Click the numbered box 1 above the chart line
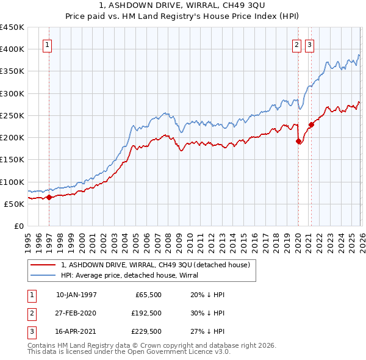(x=48, y=44)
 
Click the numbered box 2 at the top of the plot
(x=296, y=44)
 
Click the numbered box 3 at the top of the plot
(x=309, y=44)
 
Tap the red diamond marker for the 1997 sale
(x=49, y=197)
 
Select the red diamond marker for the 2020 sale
(x=298, y=142)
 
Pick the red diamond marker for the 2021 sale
(x=310, y=125)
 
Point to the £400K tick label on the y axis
(x=12, y=49)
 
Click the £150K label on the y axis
(x=12, y=160)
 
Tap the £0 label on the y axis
(x=18, y=226)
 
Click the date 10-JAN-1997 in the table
(x=76, y=295)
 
